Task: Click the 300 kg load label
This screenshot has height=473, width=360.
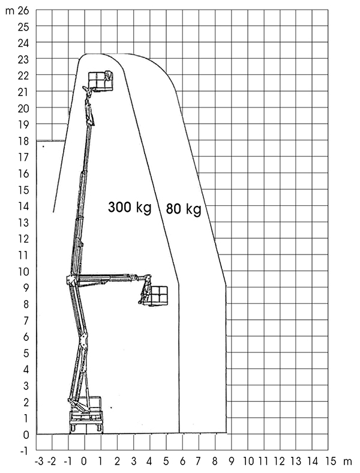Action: pyautogui.click(x=130, y=208)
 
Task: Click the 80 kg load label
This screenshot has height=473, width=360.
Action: pyautogui.click(x=184, y=208)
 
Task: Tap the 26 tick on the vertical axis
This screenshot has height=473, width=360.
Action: pyautogui.click(x=23, y=11)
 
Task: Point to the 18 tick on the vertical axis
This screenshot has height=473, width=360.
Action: pyautogui.click(x=23, y=141)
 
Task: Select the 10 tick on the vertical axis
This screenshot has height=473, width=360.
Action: pyautogui.click(x=23, y=271)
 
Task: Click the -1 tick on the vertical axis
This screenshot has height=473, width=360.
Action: pyautogui.click(x=24, y=451)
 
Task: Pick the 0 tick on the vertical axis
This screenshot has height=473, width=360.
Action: pyautogui.click(x=26, y=435)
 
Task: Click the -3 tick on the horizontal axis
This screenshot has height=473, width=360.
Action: pyautogui.click(x=39, y=462)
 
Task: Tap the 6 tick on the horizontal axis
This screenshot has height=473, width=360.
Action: pyautogui.click(x=182, y=462)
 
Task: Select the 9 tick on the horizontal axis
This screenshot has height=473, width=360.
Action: pyautogui.click(x=232, y=462)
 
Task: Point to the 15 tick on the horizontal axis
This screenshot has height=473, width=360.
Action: pyautogui.click(x=330, y=462)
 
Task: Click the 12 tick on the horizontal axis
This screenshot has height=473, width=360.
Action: pyautogui.click(x=280, y=462)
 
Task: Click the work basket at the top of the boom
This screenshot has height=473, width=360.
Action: pyautogui.click(x=100, y=81)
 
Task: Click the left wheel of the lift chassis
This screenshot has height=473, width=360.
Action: pyautogui.click(x=73, y=427)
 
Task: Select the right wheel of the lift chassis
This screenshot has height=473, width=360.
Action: pyautogui.click(x=99, y=427)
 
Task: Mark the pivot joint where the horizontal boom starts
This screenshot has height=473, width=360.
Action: pyautogui.click(x=71, y=280)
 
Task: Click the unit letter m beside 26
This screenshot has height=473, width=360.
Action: pyautogui.click(x=10, y=11)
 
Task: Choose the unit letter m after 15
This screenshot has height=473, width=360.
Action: pyautogui.click(x=347, y=462)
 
